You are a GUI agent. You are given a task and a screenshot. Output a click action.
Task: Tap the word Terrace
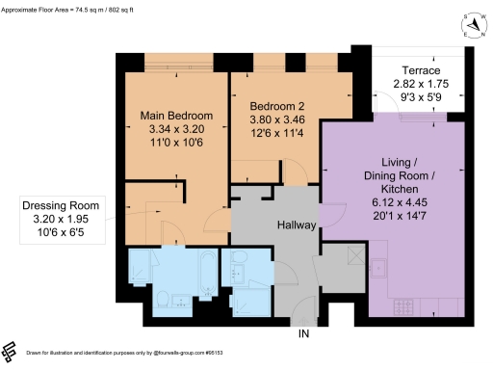point(422,70)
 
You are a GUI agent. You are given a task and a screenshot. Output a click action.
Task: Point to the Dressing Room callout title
point(64,205)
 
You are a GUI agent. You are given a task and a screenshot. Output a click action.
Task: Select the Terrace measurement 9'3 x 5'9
point(422,97)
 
